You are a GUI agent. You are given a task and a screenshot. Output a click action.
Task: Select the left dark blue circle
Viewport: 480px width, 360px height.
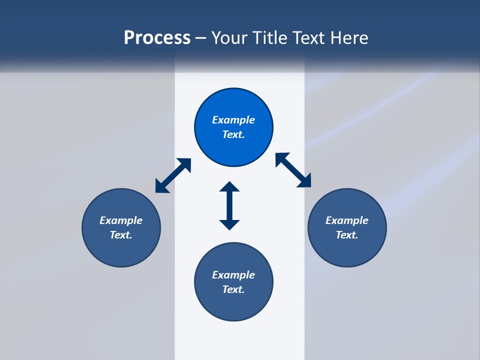pos(121,250)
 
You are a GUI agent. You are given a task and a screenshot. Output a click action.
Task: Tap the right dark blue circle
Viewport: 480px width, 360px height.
pos(347,250)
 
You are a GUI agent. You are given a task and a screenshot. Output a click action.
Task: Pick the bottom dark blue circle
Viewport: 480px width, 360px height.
pos(233,305)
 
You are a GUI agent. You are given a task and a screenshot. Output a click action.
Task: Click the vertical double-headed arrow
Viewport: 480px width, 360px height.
pos(229,205)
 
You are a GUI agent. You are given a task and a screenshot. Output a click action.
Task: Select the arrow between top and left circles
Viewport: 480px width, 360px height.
pos(173,175)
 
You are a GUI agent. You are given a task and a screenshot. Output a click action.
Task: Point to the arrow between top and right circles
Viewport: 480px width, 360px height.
pos(293,170)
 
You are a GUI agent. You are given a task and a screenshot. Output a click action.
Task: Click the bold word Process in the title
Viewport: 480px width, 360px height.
pos(157,38)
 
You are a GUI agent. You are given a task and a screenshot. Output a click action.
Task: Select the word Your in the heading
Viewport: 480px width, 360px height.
pos(228,38)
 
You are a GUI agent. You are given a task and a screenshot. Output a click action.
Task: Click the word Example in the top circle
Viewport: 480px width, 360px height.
pos(233,120)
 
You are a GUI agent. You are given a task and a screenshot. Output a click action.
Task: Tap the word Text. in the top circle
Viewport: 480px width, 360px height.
pos(233,134)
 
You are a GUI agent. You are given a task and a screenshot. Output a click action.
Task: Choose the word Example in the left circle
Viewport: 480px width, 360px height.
pos(121,220)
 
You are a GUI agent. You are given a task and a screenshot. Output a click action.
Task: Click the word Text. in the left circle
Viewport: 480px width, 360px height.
pos(121,235)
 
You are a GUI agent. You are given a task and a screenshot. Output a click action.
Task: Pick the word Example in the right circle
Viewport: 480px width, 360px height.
pos(347,220)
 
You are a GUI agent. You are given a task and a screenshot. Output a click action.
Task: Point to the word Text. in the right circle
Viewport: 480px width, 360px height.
pos(347,235)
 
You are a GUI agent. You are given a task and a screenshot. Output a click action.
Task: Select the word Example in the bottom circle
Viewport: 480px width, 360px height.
pos(233,275)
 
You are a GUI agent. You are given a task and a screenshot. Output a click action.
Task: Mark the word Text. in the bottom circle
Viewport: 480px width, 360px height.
pos(233,289)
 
